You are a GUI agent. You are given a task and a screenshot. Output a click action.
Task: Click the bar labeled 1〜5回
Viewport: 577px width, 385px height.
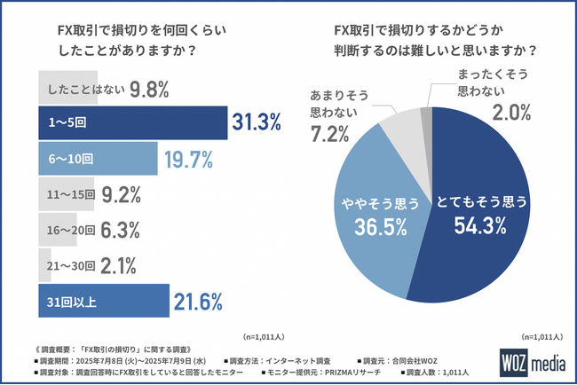pyautogui.click(x=132, y=123)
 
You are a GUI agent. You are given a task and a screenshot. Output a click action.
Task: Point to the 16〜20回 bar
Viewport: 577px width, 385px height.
pyautogui.click(x=71, y=230)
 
